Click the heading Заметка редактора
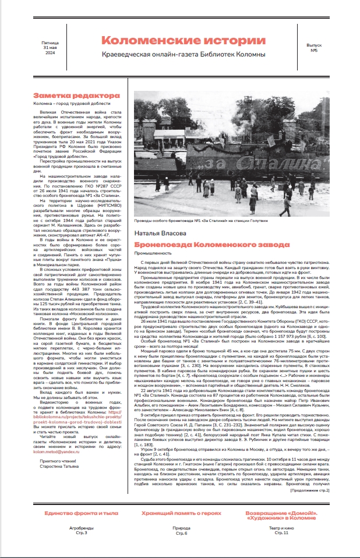point(68,95)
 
